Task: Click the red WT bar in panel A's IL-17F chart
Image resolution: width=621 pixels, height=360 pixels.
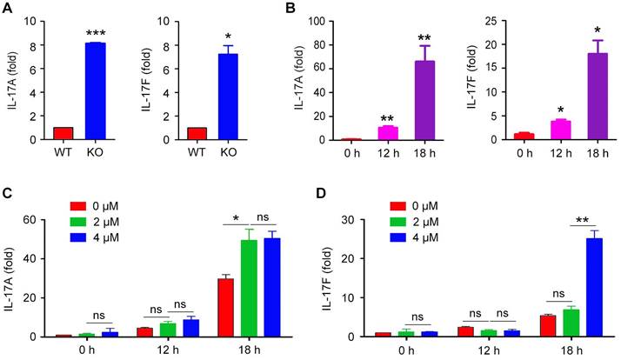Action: [x=197, y=133]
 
